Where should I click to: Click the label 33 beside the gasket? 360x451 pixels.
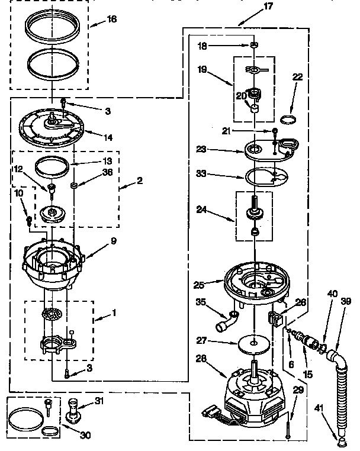tap(201, 173)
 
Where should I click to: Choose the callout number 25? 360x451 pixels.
tap(200, 285)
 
